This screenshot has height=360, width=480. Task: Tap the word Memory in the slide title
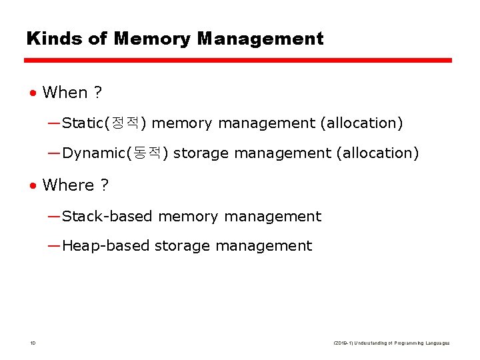[x=153, y=39]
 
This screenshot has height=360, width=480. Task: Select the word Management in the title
[x=260, y=39]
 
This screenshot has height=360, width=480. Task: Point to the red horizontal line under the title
[x=238, y=60]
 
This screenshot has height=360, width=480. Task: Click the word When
[x=65, y=93]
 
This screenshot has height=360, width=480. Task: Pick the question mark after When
[x=98, y=93]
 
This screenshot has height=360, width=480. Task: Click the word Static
[x=85, y=123]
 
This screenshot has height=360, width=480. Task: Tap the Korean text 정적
[x=127, y=123]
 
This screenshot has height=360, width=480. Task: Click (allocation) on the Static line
[x=362, y=123]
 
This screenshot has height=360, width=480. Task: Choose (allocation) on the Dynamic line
[x=378, y=153]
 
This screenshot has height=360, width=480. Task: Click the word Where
[x=68, y=185]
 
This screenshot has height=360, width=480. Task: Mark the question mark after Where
[x=104, y=185]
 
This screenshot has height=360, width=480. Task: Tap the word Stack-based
[x=107, y=217]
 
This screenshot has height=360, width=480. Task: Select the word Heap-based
[x=105, y=246]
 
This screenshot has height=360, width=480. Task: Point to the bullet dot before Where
[x=33, y=185]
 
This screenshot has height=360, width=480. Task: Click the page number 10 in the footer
[x=33, y=343]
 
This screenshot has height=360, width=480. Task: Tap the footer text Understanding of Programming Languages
[x=406, y=343]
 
